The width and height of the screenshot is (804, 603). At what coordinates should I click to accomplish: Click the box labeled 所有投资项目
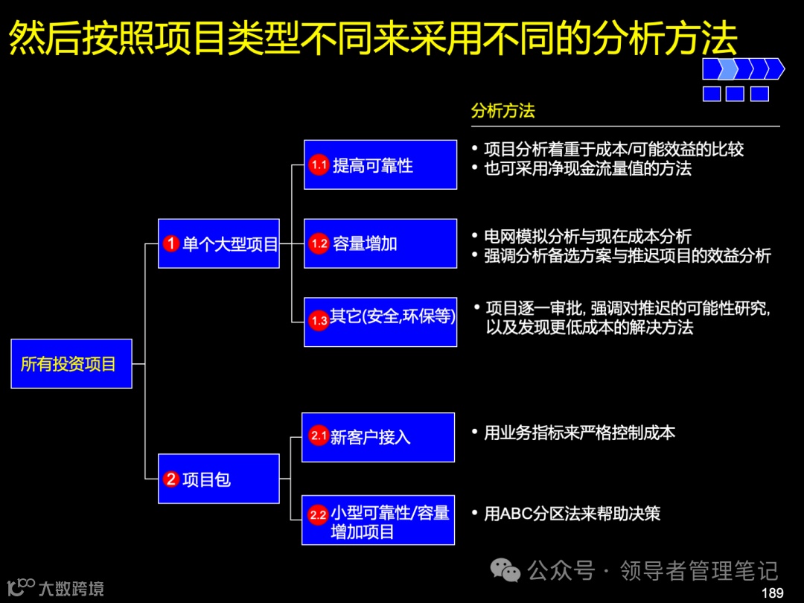(x=71, y=364)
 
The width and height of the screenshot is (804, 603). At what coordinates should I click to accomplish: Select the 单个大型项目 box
(x=218, y=243)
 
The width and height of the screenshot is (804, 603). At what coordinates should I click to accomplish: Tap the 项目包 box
(x=218, y=479)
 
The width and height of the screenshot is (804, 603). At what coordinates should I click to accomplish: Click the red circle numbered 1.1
(x=319, y=165)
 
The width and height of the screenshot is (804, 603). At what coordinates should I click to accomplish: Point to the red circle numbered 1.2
(x=319, y=243)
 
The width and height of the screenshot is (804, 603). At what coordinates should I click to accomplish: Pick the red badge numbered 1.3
(x=319, y=321)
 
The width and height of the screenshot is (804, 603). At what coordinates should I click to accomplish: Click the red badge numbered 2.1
(x=319, y=436)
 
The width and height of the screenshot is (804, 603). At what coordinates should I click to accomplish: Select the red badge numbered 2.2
(x=319, y=514)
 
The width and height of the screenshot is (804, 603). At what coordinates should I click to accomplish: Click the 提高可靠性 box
(x=380, y=165)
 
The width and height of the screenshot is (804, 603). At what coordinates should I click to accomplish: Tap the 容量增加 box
(x=380, y=243)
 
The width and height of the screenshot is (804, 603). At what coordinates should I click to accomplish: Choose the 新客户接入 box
(x=378, y=437)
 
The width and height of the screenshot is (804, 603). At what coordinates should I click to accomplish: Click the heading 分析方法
(x=502, y=111)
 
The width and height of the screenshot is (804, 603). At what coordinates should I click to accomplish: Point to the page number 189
(x=772, y=593)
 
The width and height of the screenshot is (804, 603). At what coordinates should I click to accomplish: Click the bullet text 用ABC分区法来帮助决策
(x=572, y=514)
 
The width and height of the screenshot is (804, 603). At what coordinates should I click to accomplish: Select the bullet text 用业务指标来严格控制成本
(x=579, y=433)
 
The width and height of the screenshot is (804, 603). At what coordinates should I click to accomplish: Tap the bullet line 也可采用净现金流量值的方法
(x=587, y=168)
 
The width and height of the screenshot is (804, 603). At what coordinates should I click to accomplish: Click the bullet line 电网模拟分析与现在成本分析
(x=587, y=237)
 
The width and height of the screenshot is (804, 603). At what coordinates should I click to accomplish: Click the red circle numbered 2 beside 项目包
(x=171, y=479)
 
